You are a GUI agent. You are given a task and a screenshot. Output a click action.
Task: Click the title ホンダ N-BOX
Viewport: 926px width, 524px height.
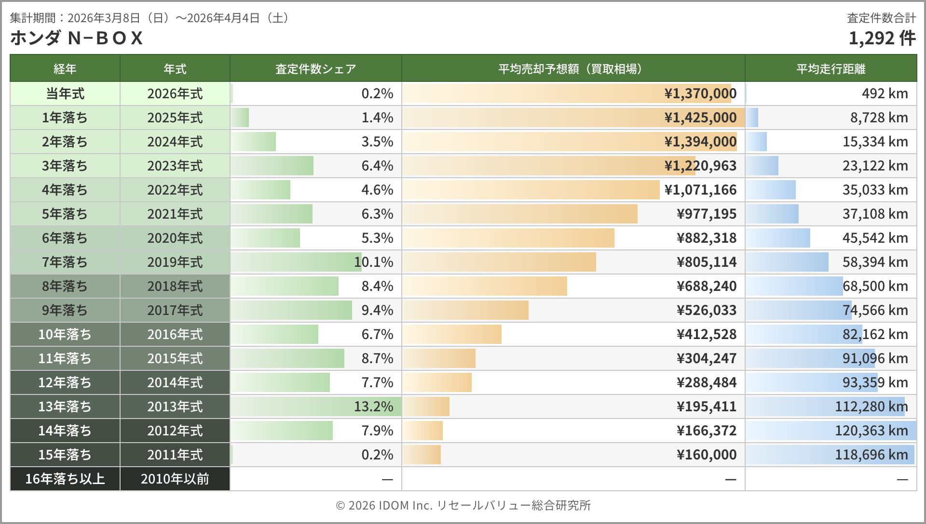pyautogui.click(x=77, y=38)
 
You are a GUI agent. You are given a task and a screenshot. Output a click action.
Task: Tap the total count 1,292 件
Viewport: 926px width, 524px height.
pyautogui.click(x=882, y=38)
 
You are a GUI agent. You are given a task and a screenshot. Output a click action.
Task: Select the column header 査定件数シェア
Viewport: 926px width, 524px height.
pyautogui.click(x=315, y=69)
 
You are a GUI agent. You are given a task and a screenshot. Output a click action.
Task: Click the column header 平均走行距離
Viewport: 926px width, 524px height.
pyautogui.click(x=831, y=69)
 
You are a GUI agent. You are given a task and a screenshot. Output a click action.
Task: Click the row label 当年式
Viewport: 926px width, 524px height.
pyautogui.click(x=65, y=93)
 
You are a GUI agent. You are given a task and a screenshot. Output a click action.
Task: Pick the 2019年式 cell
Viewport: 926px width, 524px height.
pyautogui.click(x=175, y=262)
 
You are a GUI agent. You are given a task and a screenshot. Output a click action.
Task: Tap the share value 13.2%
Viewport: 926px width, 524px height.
pyautogui.click(x=373, y=406)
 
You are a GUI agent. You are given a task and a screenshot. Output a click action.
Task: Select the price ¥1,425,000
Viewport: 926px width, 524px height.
pyautogui.click(x=700, y=118)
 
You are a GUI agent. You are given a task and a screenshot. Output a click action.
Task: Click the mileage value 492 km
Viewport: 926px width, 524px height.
pyautogui.click(x=885, y=93)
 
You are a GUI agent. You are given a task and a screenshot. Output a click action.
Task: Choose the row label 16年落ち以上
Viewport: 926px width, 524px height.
pyautogui.click(x=65, y=479)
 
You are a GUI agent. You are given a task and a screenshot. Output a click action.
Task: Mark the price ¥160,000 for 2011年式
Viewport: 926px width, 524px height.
pyautogui.click(x=707, y=455)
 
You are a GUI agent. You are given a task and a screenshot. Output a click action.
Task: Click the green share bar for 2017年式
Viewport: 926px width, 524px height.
pyautogui.click(x=292, y=310)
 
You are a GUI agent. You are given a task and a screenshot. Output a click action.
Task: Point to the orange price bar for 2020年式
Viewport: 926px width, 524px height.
pyautogui.click(x=508, y=238)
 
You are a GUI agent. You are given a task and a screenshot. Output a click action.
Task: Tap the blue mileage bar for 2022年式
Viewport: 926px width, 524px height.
pyautogui.click(x=771, y=190)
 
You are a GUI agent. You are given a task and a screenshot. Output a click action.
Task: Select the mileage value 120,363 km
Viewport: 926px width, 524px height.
pyautogui.click(x=871, y=431)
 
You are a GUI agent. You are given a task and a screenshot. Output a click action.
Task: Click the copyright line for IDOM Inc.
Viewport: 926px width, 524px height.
pyautogui.click(x=463, y=505)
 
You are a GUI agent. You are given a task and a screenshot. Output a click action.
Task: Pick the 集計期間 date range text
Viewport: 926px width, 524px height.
pyautogui.click(x=150, y=18)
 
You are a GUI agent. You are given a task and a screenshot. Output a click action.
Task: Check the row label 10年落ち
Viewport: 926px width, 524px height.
pyautogui.click(x=65, y=334)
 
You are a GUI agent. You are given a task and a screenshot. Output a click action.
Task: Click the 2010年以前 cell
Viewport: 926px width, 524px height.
pyautogui.click(x=175, y=479)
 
